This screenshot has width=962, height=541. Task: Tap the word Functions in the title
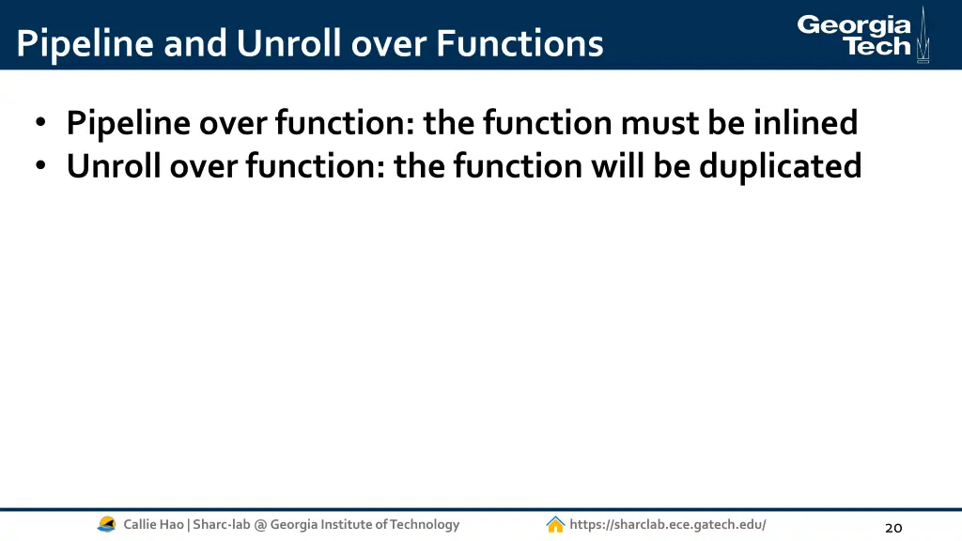[520, 43]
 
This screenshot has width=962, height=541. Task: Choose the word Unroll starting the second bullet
[114, 166]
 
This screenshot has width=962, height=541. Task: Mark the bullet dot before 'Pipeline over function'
[41, 124]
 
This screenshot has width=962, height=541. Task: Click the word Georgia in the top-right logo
[854, 25]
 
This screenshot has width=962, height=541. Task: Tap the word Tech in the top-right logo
[877, 47]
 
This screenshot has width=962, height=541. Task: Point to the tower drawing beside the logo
[923, 36]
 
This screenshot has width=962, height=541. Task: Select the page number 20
[893, 527]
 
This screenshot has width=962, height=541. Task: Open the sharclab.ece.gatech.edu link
[668, 524]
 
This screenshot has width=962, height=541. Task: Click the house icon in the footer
[555, 524]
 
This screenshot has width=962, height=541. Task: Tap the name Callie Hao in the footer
[154, 524]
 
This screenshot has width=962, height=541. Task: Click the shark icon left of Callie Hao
[107, 524]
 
